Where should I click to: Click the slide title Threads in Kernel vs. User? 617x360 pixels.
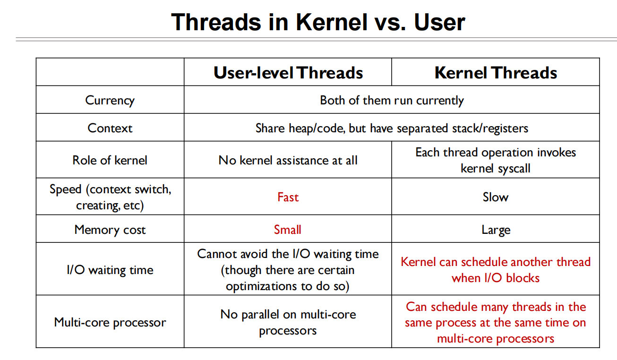[317, 22]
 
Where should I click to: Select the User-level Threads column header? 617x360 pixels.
[288, 73]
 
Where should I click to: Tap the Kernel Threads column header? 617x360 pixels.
[495, 73]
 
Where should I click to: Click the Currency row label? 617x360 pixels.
[110, 100]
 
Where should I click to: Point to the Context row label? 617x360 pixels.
[110, 128]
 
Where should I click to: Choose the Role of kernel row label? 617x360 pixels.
[110, 160]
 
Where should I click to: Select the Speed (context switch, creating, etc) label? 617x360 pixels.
[110, 197]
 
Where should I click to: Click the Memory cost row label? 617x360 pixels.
[110, 230]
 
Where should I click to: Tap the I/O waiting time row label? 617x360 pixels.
[110, 270]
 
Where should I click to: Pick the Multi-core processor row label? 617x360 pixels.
[110, 322]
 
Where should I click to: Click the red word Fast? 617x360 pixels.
[288, 197]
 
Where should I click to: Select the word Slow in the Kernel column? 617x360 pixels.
[495, 197]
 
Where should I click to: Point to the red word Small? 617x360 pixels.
[288, 230]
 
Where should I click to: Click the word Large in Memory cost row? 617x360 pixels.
[495, 230]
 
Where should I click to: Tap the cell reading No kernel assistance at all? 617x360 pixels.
[288, 160]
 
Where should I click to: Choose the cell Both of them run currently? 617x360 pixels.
[392, 100]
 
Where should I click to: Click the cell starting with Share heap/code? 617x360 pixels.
[392, 128]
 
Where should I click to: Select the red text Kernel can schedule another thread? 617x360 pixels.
[495, 262]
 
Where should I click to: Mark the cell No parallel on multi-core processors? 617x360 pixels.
[288, 322]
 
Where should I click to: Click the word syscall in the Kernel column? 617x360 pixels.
[513, 169]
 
